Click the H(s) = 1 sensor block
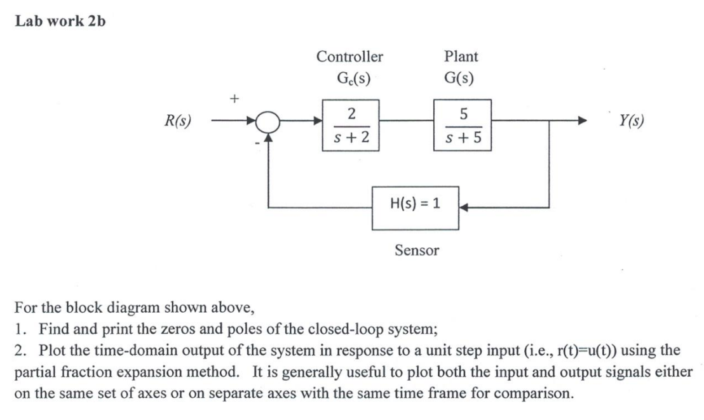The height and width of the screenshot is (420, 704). tap(416, 207)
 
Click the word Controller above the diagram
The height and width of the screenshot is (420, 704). tap(349, 56)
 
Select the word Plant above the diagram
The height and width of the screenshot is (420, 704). tap(461, 56)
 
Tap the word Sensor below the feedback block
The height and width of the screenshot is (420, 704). tap(416, 251)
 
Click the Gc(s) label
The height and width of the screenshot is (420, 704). tap(349, 79)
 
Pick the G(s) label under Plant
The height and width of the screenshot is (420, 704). tap(461, 79)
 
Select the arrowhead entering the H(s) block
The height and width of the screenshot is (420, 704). tap(464, 207)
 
